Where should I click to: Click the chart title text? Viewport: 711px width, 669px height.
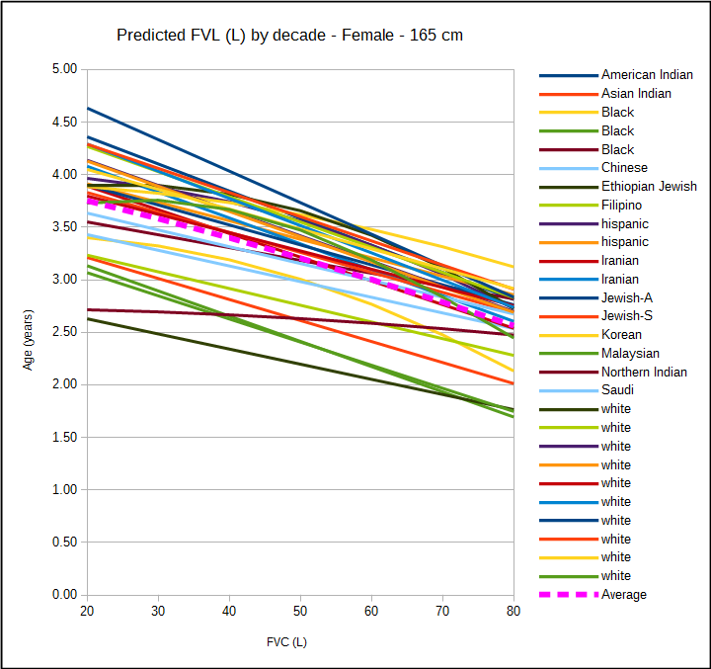point(289,36)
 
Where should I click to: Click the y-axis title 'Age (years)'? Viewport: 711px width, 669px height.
point(29,332)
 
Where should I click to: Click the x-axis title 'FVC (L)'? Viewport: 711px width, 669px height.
point(286,642)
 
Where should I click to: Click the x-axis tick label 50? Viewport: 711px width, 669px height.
point(300,614)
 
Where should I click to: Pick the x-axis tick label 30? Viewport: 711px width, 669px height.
point(158,614)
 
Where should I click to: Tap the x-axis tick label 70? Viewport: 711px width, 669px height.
point(442,614)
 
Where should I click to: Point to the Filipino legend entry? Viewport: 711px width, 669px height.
point(621,206)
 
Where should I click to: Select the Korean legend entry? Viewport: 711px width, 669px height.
point(621,335)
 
